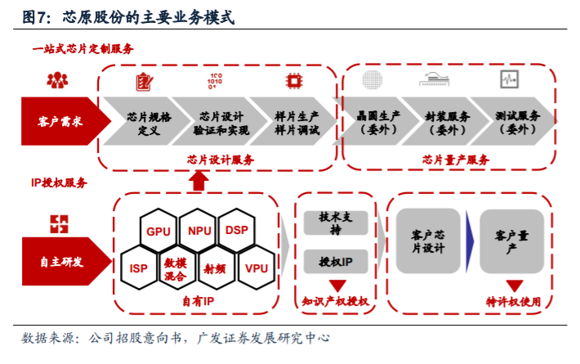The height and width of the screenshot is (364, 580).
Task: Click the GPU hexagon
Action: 158,231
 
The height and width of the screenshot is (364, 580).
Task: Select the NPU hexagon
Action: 199,231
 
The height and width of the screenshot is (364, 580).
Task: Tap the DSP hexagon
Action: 237,231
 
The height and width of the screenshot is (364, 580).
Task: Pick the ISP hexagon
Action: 139,267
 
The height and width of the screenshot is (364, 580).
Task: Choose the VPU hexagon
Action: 257,267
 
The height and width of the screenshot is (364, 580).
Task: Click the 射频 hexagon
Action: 216,267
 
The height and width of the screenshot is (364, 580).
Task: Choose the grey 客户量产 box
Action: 511,241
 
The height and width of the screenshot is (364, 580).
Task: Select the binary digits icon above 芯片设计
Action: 215,80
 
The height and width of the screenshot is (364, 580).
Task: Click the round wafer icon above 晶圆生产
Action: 373,79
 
